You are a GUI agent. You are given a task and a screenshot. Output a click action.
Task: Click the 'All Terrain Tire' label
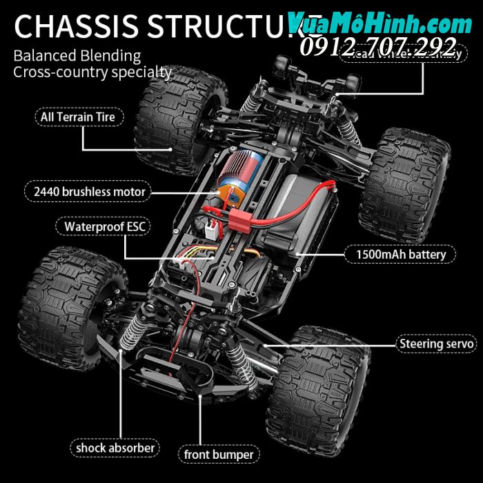tap(82, 117)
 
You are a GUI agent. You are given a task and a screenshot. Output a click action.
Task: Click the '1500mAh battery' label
tap(401, 255)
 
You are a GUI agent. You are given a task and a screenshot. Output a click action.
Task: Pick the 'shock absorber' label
tap(116, 448)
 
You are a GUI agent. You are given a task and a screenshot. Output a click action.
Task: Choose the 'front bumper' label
tap(219, 455)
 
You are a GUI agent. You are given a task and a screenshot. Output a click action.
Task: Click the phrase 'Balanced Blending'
tap(77, 56)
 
